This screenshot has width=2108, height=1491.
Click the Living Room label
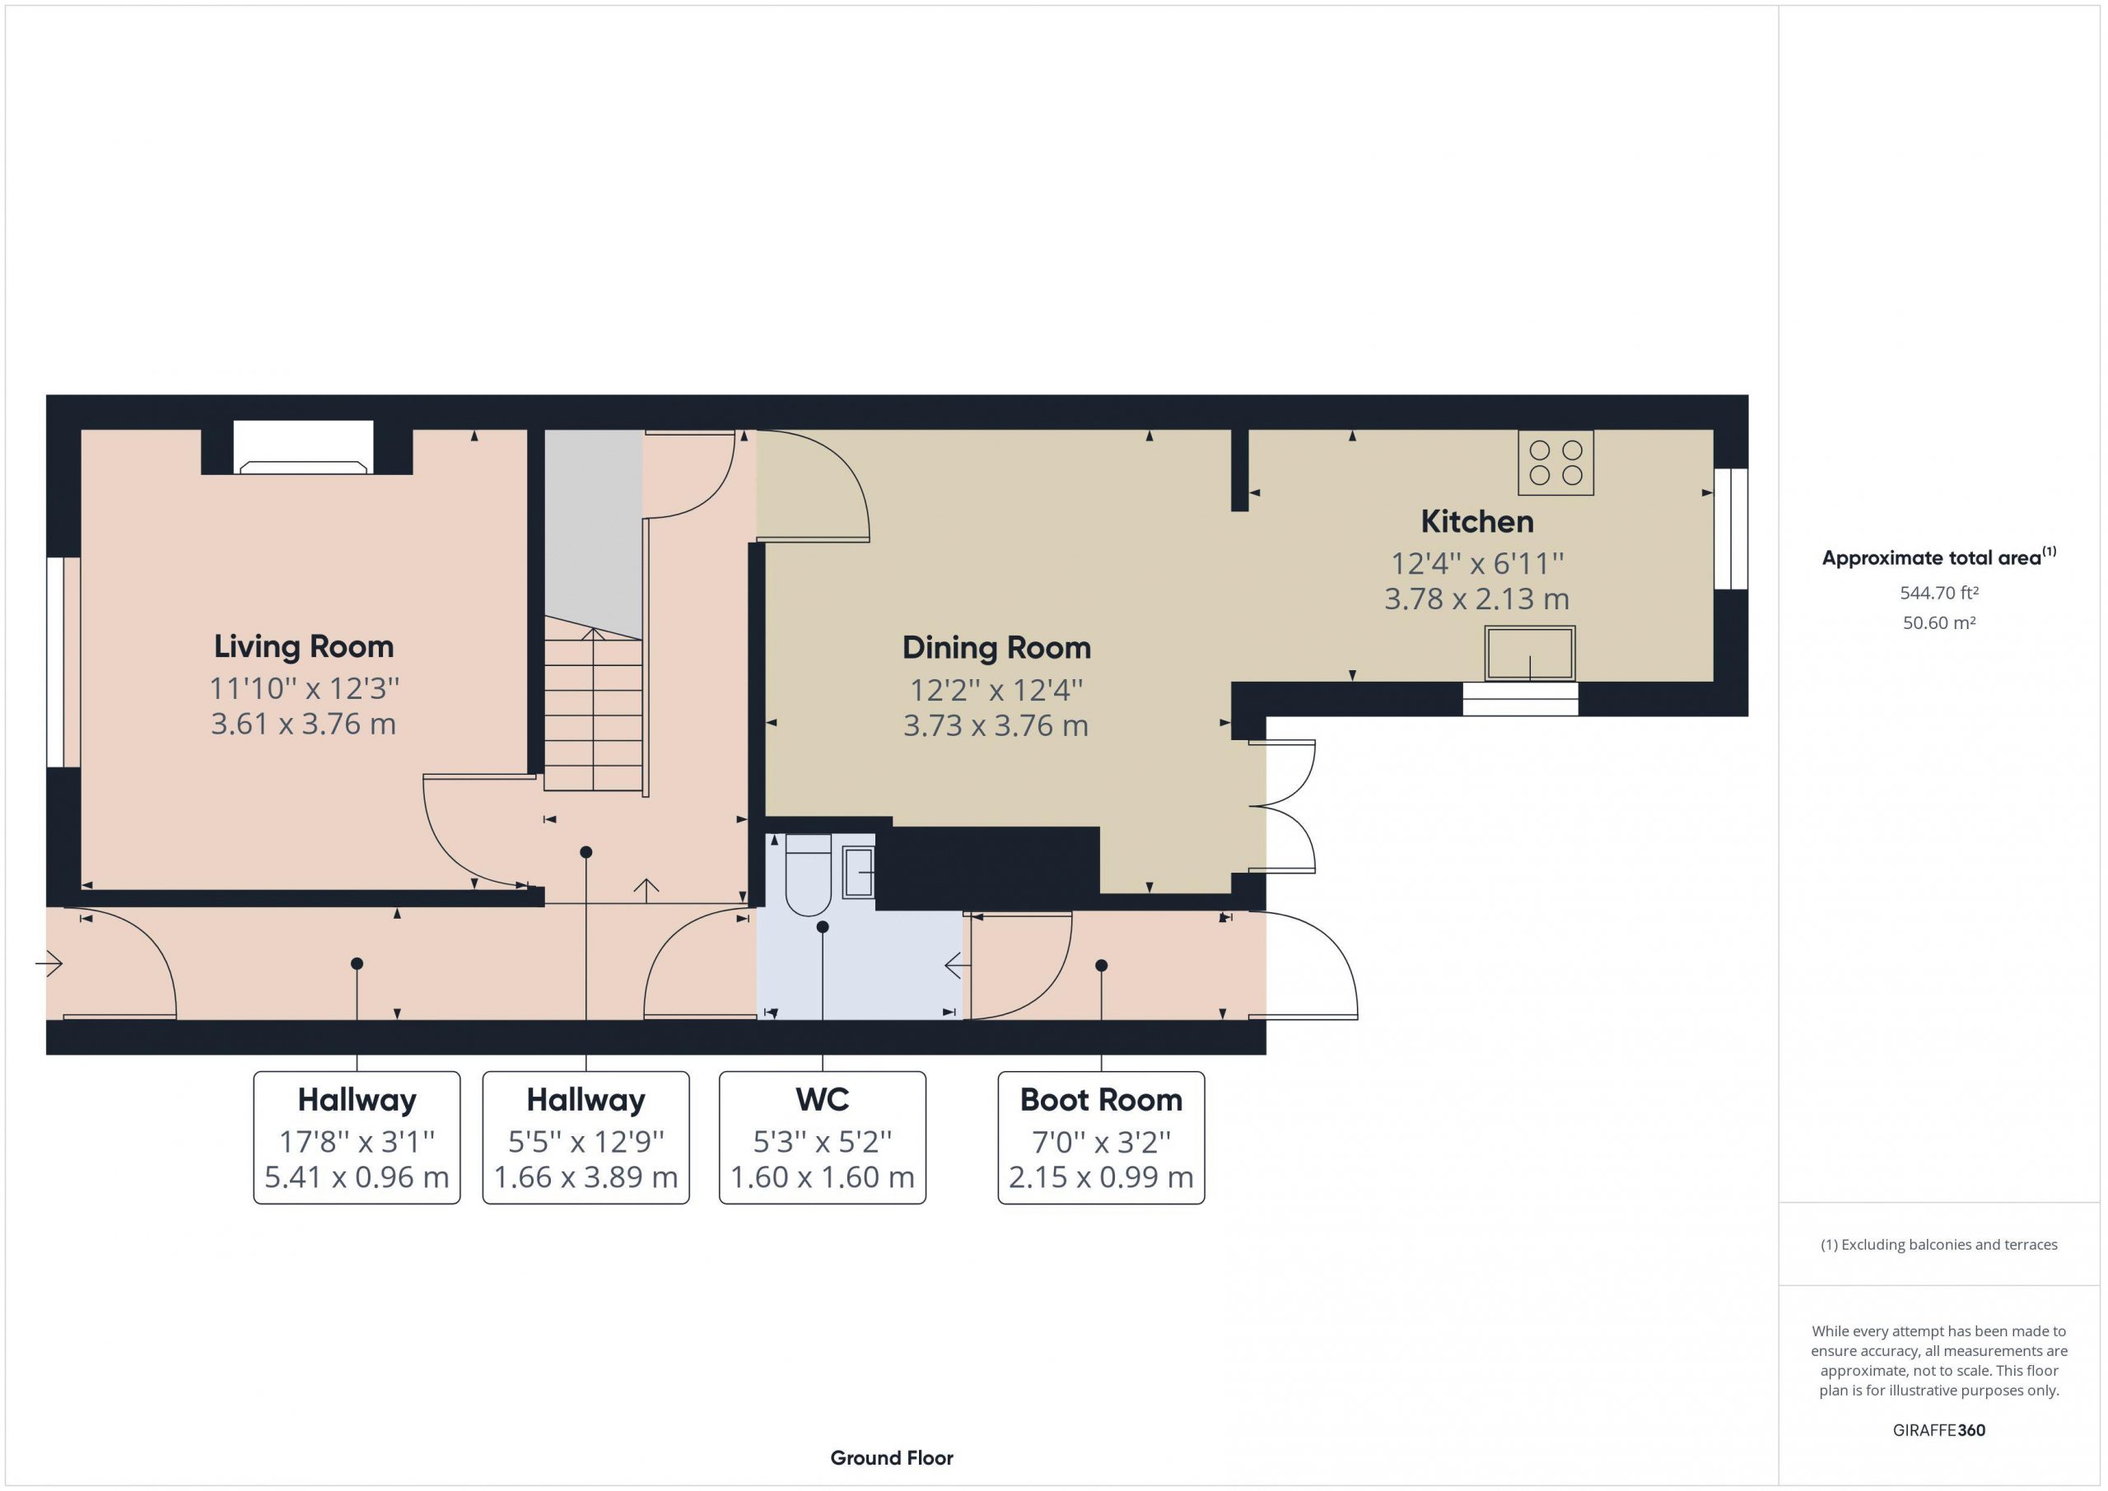pos(304,646)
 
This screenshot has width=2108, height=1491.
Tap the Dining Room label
pos(996,648)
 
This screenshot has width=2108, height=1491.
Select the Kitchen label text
pos(1477,521)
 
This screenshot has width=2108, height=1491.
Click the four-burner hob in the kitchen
pos(1555,463)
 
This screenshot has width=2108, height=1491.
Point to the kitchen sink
pos(1530,653)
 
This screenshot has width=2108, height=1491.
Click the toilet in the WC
pos(808,875)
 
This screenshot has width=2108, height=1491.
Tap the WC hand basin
pos(859,872)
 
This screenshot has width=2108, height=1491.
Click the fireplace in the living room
pos(304,447)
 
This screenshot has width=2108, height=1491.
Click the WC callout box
pos(823,1138)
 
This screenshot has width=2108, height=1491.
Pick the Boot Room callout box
pos(1101,1138)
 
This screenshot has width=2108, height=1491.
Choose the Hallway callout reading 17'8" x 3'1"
pos(357,1138)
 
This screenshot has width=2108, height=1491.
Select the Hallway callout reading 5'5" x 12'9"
pos(585,1138)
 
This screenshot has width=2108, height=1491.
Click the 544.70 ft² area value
pos(1939,593)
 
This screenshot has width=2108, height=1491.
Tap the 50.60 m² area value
pos(1939,622)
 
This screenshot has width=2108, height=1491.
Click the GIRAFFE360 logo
pos(1939,1429)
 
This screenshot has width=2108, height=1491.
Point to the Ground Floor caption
pos(892,1457)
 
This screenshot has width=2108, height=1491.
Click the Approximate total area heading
pos(1939,557)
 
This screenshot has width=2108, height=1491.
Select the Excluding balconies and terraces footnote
pos(1939,1244)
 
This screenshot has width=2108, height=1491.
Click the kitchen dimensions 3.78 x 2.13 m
pos(1476,599)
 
